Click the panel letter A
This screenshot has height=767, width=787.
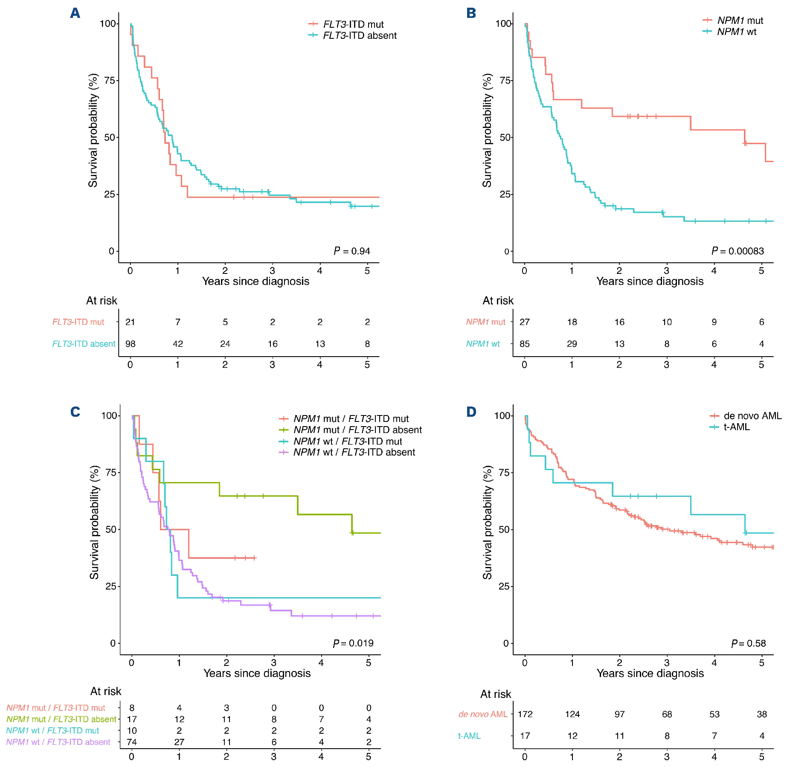[x=75, y=13]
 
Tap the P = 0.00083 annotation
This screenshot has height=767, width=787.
[x=738, y=251]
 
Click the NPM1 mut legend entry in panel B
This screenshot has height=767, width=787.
[x=740, y=20]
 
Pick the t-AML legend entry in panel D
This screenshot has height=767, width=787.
[x=737, y=427]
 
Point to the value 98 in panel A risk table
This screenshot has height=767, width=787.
[x=130, y=344]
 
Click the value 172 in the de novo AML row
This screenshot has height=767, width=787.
[x=525, y=714]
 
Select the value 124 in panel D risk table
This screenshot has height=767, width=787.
[x=572, y=714]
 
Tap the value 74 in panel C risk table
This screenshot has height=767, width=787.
[x=132, y=742]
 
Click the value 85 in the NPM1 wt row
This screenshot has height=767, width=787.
[x=525, y=344]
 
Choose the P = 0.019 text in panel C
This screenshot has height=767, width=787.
[x=353, y=643]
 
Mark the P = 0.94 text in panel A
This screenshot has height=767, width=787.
[x=352, y=251]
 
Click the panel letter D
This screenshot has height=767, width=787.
[x=471, y=412]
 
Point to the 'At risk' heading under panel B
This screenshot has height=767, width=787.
[x=498, y=301]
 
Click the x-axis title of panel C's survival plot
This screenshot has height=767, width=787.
[x=257, y=673]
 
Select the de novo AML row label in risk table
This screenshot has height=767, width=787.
[x=483, y=714]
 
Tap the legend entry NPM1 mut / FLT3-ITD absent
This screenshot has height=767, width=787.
[x=357, y=430]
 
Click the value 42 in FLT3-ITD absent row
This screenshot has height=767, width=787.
[x=178, y=344]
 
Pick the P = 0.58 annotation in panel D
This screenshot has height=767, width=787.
[x=749, y=643]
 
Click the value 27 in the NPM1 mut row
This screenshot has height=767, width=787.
[x=525, y=322]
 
